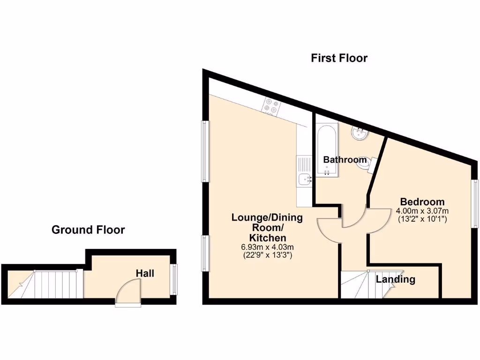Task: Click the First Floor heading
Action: tap(339, 58)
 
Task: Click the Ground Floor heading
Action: tap(88, 230)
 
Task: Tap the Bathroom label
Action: tap(344, 159)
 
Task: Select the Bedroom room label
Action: tap(422, 202)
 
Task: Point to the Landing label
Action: tap(396, 279)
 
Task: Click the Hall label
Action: tap(145, 273)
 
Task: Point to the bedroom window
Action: tap(475, 204)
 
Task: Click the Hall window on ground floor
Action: tap(175, 279)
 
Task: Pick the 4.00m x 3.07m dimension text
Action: tap(422, 210)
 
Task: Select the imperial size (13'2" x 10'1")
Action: tap(422, 218)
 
